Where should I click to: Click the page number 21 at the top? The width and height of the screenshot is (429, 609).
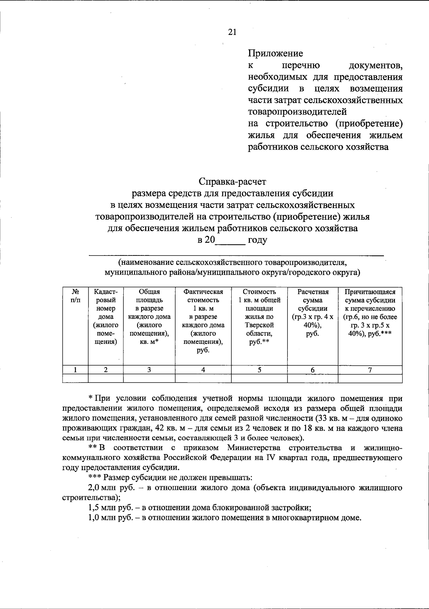pyautogui.click(x=232, y=32)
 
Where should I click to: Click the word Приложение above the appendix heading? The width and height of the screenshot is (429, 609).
pyautogui.click(x=275, y=53)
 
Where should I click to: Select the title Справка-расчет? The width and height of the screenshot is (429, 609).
pyautogui.click(x=232, y=182)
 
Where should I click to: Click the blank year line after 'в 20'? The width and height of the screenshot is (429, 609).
pyautogui.click(x=230, y=241)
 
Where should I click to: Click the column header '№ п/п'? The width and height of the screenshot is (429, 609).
pyautogui.click(x=75, y=296)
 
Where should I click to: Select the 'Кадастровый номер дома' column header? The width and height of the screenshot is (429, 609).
pyautogui.click(x=106, y=316)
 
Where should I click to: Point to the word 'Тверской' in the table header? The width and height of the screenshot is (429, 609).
pyautogui.click(x=260, y=325)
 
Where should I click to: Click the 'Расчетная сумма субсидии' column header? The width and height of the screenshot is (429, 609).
pyautogui.click(x=313, y=312)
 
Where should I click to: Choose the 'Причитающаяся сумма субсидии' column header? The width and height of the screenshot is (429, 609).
pyautogui.click(x=370, y=312)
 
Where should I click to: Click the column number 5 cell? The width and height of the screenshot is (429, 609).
pyautogui.click(x=260, y=370)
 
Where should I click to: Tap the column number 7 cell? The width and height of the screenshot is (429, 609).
pyautogui.click(x=370, y=370)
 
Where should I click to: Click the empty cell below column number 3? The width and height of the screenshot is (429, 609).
pyautogui.click(x=149, y=379)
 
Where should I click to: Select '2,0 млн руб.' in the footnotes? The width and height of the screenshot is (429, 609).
pyautogui.click(x=110, y=488)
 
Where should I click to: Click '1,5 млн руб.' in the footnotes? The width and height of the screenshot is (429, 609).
pyautogui.click(x=110, y=508)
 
